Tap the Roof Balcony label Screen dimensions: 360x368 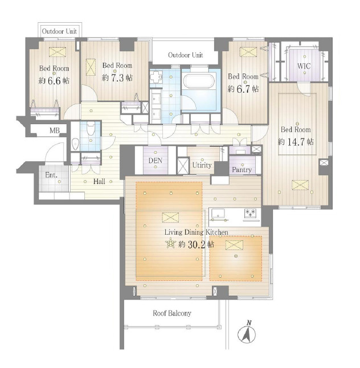(x=172, y=313)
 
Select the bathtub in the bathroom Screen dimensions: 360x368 (x=199, y=81)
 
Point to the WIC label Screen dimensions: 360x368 (x=304, y=66)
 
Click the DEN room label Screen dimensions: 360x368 (x=156, y=161)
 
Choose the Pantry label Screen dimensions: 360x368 (x=242, y=170)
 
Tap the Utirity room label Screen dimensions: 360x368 (x=202, y=165)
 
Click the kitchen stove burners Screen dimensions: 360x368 (x=251, y=213)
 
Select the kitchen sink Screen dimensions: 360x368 (x=218, y=214)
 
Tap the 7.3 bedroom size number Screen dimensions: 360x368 (x=117, y=78)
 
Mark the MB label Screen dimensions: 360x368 (x=55, y=130)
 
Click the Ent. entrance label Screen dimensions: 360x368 (x=51, y=175)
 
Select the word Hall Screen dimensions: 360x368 (x=99, y=181)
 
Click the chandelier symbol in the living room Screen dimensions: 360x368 (x=171, y=243)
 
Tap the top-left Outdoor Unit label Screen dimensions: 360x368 (x=59, y=31)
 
